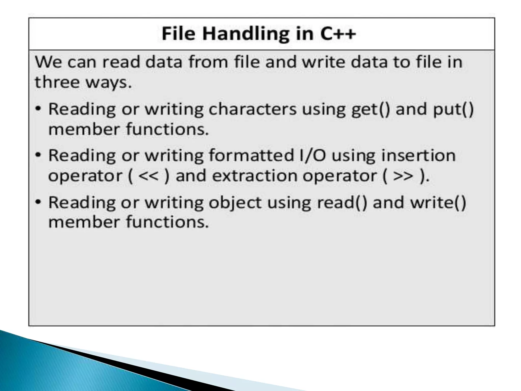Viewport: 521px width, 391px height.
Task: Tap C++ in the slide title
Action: pos(338,34)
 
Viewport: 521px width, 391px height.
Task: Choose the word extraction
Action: pos(255,176)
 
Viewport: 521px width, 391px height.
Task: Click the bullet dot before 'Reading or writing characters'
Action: pos(38,109)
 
